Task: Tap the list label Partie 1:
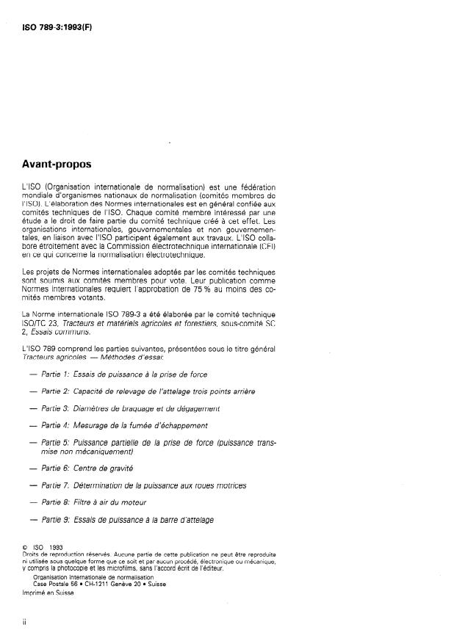tap(56, 374)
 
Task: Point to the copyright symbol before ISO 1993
tap(26, 546)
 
